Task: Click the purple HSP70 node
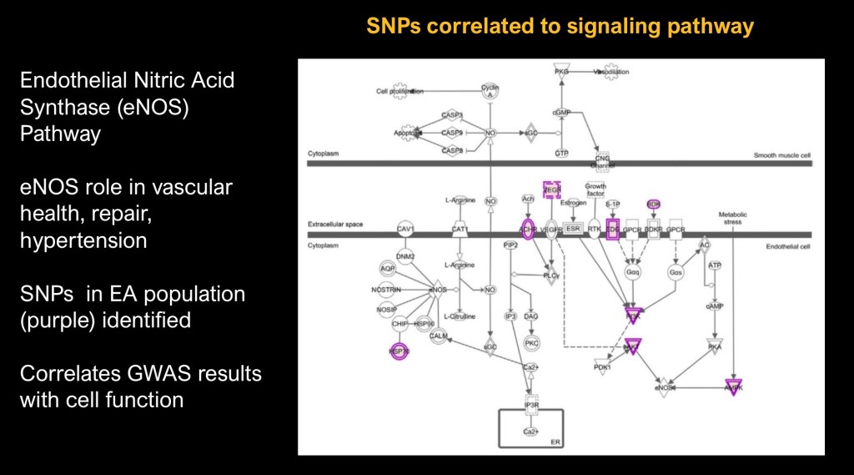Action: pyautogui.click(x=398, y=351)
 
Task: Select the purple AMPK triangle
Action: pyautogui.click(x=733, y=386)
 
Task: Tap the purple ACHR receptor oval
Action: pyautogui.click(x=527, y=228)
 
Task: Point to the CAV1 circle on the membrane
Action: pyautogui.click(x=405, y=228)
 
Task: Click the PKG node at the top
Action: pyautogui.click(x=561, y=73)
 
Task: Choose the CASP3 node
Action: pyautogui.click(x=452, y=115)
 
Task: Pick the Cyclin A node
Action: pyautogui.click(x=490, y=91)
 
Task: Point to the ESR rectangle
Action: pyautogui.click(x=573, y=228)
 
